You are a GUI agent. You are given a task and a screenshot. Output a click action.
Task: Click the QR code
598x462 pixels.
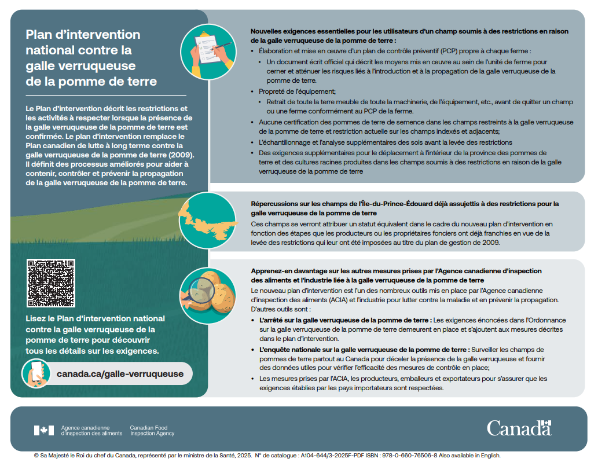point(51,283)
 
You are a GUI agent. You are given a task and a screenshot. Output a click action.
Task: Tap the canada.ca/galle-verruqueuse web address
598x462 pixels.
point(120,374)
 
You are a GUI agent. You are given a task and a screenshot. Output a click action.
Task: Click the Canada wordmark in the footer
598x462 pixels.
point(519,428)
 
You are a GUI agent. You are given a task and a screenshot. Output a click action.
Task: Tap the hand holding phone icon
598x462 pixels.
point(36,375)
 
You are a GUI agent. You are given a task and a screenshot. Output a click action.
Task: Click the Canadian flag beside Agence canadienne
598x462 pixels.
point(44,430)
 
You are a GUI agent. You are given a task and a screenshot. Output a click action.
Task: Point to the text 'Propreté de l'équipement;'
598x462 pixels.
point(297,91)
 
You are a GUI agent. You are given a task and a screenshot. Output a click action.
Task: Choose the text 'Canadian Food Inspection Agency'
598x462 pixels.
point(152,430)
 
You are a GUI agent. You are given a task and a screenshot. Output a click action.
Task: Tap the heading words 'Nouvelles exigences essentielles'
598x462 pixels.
point(310,31)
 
